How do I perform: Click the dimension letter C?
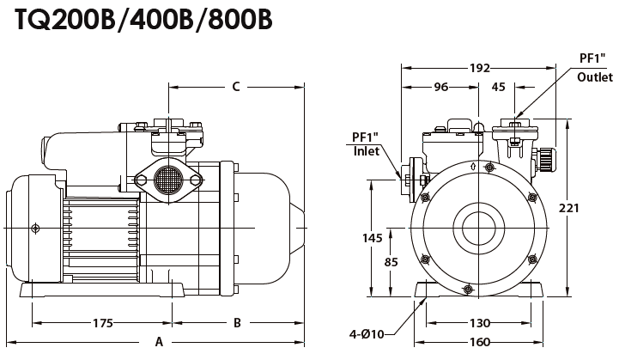coord(235,86)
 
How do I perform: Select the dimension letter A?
coord(159,341)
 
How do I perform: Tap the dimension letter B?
coord(237,323)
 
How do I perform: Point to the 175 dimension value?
coord(102,323)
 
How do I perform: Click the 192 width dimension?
coord(480,68)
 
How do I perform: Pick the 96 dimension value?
coord(440,86)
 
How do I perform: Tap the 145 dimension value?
coord(372,237)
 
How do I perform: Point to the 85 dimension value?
coord(391,261)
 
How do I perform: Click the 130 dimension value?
coord(479,323)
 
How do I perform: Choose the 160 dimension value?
coord(479,341)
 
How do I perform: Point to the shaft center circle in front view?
coord(478,228)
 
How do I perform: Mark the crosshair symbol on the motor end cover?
coord(35,227)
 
